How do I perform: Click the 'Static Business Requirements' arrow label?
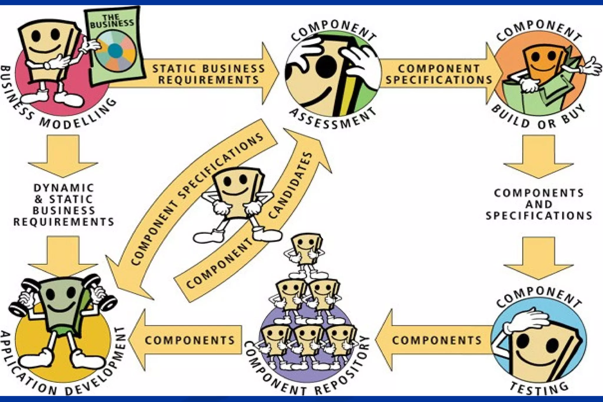pyautogui.click(x=208, y=74)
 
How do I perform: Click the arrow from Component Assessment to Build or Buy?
pyautogui.click(x=439, y=74)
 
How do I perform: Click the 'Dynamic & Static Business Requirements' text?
pyautogui.click(x=64, y=205)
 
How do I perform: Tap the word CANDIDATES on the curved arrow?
pyautogui.click(x=290, y=186)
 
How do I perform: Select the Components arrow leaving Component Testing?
pyautogui.click(x=436, y=340)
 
